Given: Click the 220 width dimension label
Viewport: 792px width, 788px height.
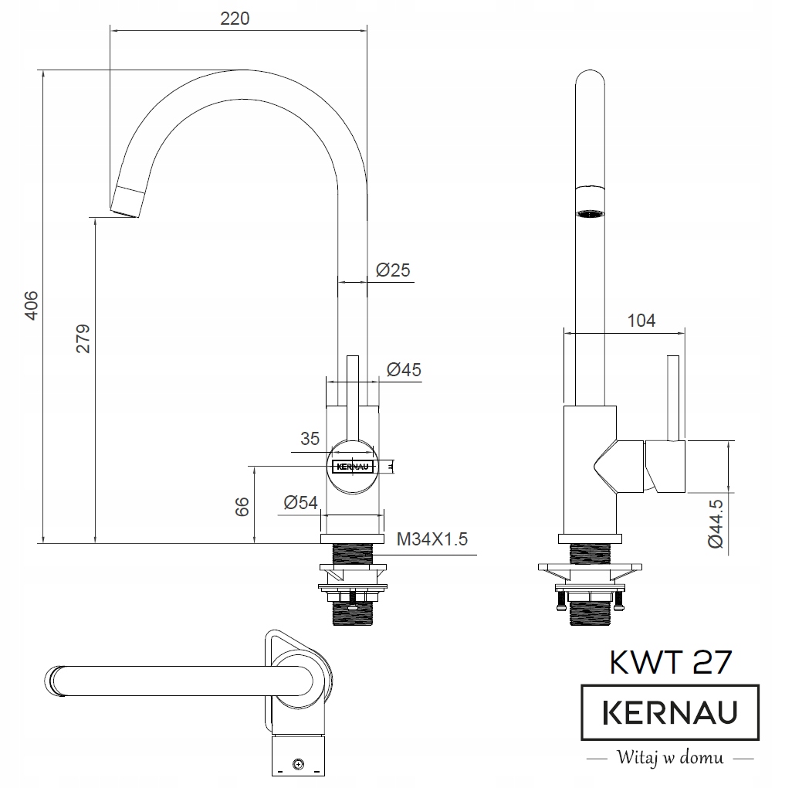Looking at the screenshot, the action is [235, 18].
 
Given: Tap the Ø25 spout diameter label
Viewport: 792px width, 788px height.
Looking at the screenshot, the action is [393, 270].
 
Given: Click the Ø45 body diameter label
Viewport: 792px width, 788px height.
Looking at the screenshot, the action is [404, 370].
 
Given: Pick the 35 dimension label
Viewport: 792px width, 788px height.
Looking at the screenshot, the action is [310, 439].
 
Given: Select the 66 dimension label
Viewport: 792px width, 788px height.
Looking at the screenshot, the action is [242, 507].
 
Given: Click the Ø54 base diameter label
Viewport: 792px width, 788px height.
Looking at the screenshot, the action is [300, 502].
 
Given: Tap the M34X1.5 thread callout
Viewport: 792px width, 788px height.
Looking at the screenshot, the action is [432, 539].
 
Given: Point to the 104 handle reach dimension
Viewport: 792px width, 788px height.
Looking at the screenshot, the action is [641, 320].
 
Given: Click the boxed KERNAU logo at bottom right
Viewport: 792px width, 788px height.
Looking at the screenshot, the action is [669, 712].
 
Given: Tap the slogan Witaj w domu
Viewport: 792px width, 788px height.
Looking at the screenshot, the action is [669, 756].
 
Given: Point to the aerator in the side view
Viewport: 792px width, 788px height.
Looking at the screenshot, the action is [591, 212].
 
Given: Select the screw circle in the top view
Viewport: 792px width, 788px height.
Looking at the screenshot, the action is [299, 765].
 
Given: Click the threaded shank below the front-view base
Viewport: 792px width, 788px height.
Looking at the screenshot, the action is [353, 555].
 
